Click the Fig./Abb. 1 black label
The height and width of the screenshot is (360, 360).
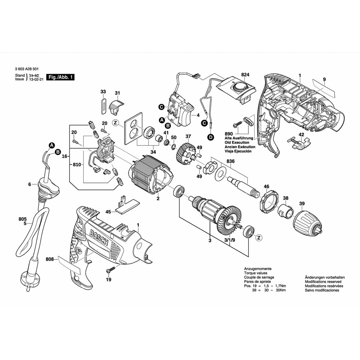[x=60, y=77]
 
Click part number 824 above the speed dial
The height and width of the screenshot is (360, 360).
[x=245, y=75]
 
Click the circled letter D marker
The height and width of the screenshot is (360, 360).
[x=210, y=137]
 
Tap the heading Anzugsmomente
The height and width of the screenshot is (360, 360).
[x=258, y=269]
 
